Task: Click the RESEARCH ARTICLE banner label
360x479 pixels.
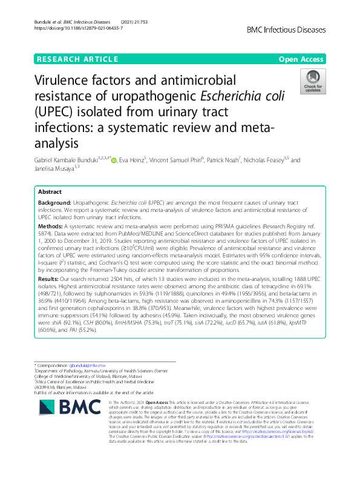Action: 77,59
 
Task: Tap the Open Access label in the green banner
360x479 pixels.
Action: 300,59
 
